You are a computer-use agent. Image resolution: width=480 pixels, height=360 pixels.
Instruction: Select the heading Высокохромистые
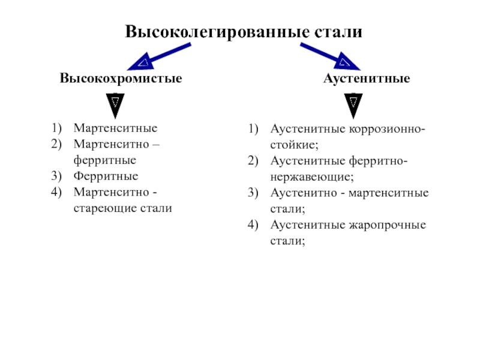pyautogui.click(x=121, y=79)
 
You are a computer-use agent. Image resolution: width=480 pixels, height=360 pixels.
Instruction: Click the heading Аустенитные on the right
pyautogui.click(x=367, y=79)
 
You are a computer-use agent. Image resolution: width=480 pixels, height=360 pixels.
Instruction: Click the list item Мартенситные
pyautogui.click(x=115, y=128)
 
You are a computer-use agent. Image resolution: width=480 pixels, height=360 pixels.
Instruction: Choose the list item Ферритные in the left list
pyautogui.click(x=106, y=176)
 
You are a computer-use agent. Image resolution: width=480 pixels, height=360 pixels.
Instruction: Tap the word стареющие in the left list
pyautogui.click(x=103, y=209)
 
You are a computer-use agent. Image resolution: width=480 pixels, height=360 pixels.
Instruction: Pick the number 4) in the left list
pyautogui.click(x=56, y=193)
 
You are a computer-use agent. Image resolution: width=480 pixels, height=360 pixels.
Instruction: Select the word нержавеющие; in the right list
pyautogui.click(x=312, y=178)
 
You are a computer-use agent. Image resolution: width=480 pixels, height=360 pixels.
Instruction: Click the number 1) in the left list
pyautogui.click(x=56, y=128)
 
